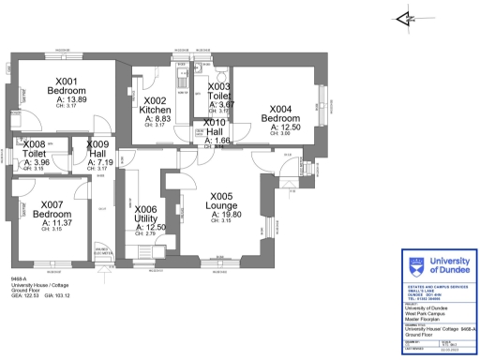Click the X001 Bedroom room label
coord(67,86)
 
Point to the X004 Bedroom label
coord(280,114)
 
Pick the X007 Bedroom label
coord(58,209)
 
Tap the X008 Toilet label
coord(34,148)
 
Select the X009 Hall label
coord(99,150)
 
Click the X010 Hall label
coord(215,128)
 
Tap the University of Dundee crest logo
coord(417,265)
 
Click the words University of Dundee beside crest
coord(452,264)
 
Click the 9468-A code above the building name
coord(19,278)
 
